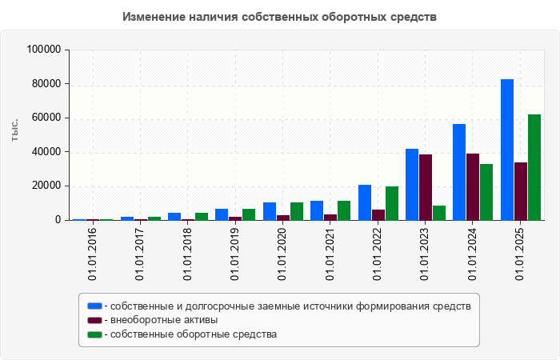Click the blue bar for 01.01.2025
pos(507,150)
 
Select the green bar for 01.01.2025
pos(534,167)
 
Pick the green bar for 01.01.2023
pos(439,213)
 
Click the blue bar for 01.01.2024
pos(459,172)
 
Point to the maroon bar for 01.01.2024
pos(473,186)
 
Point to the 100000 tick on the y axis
pos(44,50)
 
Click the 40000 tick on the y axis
pos(47,152)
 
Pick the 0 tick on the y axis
pos(58,220)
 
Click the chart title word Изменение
pos(156,17)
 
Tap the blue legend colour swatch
pos(94,306)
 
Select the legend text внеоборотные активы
pos(166,320)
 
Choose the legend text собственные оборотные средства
pos(194,334)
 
